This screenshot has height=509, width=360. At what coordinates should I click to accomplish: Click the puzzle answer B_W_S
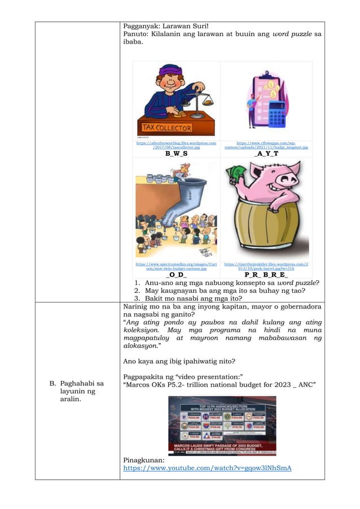pos(176,153)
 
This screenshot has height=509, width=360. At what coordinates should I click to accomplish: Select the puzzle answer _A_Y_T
pos(266,153)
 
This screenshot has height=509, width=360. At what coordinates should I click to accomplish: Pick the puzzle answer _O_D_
pos(176,274)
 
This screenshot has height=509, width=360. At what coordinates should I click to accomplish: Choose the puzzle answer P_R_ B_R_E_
pos(266,274)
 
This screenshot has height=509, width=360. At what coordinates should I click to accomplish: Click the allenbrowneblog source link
pos(176,145)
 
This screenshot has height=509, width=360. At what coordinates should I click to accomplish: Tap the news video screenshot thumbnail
pos(222,425)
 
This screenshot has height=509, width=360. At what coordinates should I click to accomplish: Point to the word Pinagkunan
pos(144,460)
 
